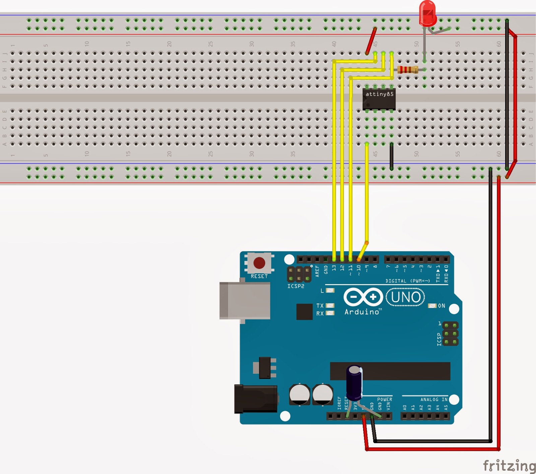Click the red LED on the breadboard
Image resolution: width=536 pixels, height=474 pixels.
click(427, 13)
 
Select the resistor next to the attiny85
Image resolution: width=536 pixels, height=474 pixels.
click(408, 70)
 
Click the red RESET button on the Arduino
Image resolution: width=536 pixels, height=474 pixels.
click(259, 263)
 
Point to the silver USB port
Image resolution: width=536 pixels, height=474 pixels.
click(245, 300)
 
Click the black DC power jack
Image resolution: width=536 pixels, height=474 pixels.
click(256, 399)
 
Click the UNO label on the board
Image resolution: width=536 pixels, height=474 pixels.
click(405, 297)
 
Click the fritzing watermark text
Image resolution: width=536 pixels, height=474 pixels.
click(509, 466)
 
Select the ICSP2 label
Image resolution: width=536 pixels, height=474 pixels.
click(296, 286)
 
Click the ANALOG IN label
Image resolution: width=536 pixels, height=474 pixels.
click(434, 399)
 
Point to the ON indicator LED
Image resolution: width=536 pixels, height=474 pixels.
click(432, 306)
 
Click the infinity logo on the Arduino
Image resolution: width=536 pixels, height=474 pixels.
click(363, 297)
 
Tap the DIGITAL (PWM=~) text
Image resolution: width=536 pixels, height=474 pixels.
click(408, 281)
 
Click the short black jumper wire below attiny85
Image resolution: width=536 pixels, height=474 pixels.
click(392, 157)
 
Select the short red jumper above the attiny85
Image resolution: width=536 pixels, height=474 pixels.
click(371, 41)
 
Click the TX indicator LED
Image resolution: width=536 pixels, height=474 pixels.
click(330, 305)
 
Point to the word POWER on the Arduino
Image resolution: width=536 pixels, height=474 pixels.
click(385, 399)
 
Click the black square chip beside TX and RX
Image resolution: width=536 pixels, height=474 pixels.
click(304, 312)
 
